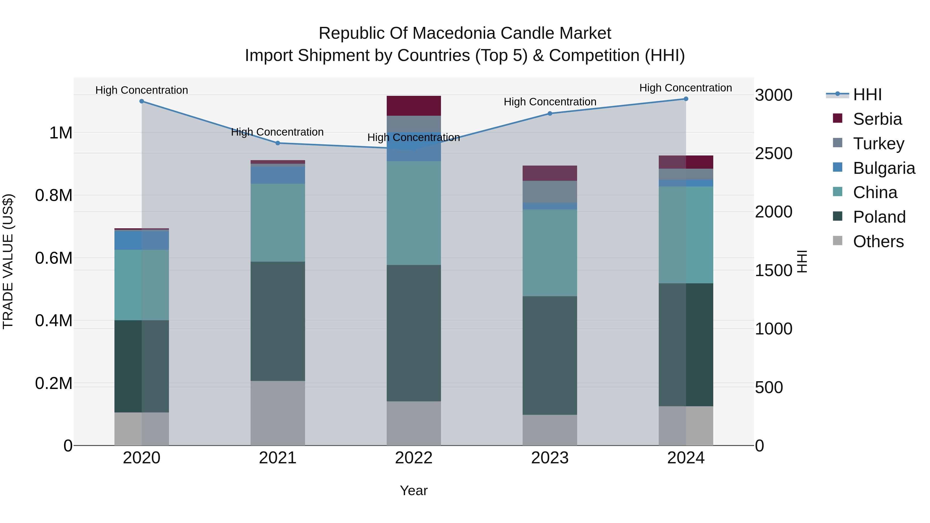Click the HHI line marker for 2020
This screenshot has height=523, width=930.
pos(142,102)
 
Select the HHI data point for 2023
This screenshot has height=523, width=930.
pos(550,113)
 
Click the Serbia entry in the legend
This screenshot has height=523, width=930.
pos(877,119)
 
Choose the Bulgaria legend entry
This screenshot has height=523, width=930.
pos(884,168)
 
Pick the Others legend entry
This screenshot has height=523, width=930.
pos(878,241)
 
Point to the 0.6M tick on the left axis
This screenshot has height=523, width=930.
pos(54,259)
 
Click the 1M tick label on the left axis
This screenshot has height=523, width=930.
pos(61,133)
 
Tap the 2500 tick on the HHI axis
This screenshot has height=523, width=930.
pos(774,154)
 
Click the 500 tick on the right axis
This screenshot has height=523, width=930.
pos(769,388)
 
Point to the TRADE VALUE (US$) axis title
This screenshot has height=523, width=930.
pos(8,261)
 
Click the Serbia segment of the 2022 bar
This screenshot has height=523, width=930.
pos(414,106)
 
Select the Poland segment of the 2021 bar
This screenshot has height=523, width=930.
pos(278,321)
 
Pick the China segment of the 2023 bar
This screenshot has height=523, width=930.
pos(550,253)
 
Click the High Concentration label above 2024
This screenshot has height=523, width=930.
pos(686,88)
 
